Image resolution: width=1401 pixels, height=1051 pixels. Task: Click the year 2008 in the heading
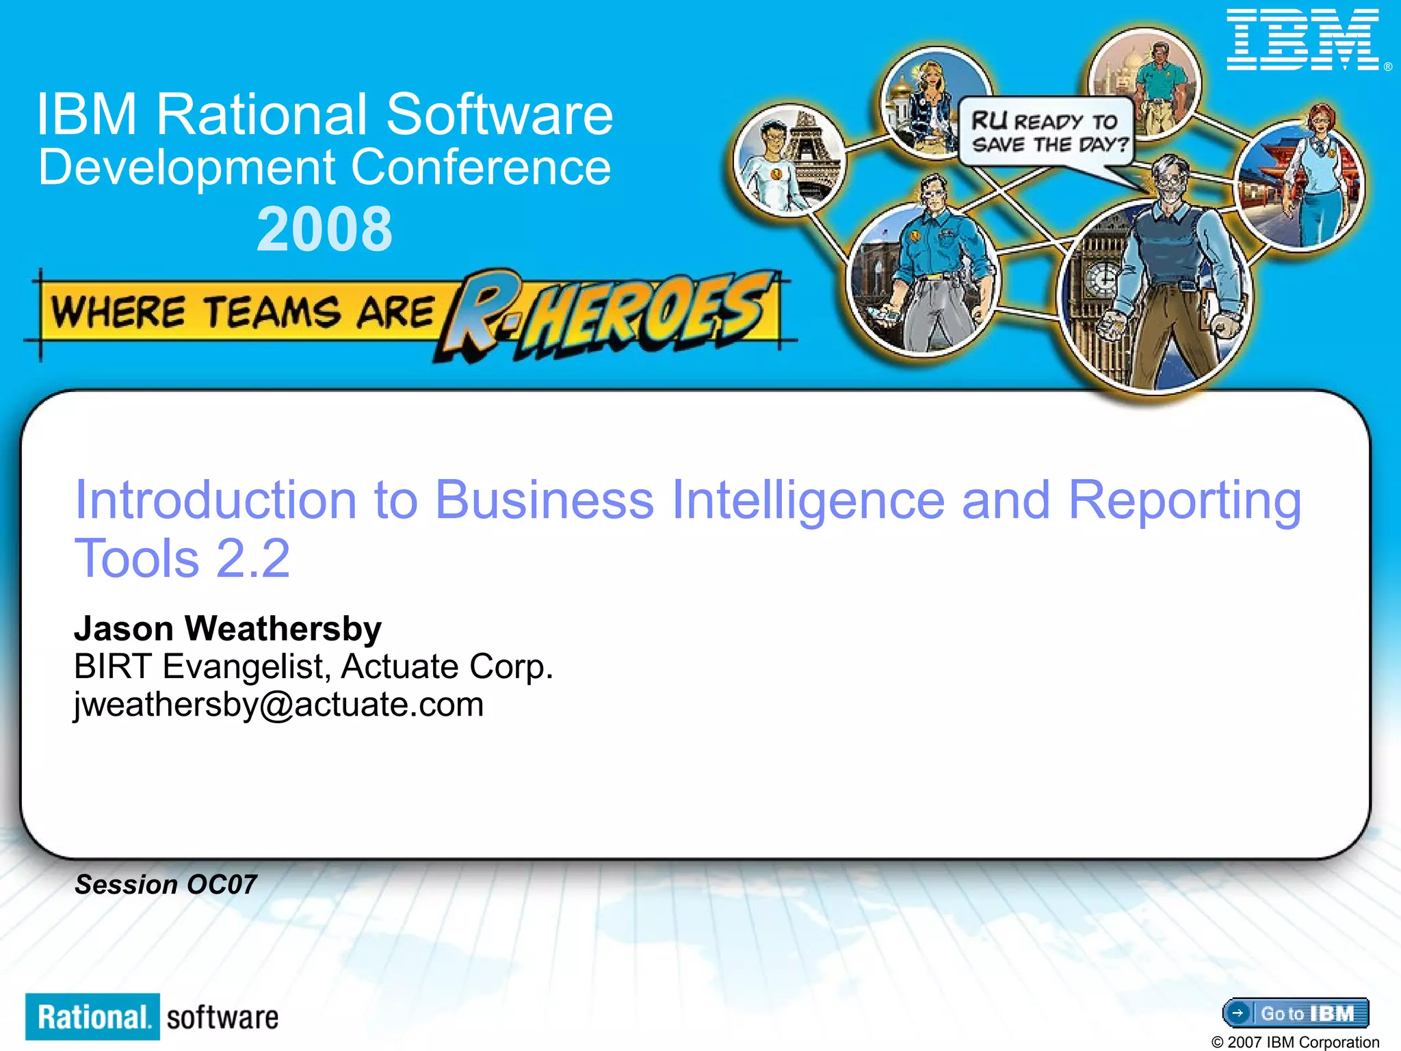[x=325, y=230]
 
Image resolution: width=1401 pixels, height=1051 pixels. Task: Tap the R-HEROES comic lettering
[x=609, y=313]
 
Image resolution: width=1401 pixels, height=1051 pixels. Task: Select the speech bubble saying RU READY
[x=1045, y=131]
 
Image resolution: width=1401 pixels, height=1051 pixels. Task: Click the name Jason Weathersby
[x=228, y=628]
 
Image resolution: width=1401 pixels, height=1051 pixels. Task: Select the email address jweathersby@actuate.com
[x=279, y=705]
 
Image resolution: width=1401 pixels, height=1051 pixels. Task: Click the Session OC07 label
[x=166, y=885]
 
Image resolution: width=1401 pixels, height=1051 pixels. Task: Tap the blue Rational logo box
[x=93, y=1017]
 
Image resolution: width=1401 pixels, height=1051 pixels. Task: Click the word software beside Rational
[x=222, y=1017]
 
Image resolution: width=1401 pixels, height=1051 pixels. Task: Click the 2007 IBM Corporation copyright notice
[x=1295, y=1041]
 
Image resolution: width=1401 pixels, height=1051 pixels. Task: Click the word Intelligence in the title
[x=809, y=501]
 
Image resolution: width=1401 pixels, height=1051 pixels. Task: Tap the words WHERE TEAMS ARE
[x=243, y=312]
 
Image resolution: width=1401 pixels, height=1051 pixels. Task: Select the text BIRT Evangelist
[x=198, y=666]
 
